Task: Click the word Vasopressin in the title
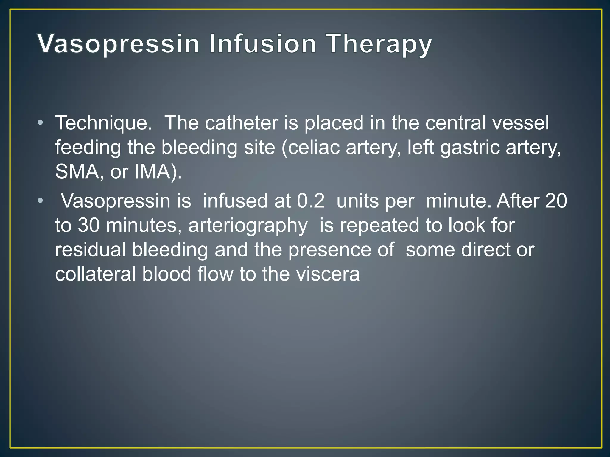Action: pyautogui.click(x=118, y=44)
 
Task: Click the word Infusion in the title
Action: pyautogui.click(x=262, y=44)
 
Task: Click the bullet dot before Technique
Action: pyautogui.click(x=41, y=123)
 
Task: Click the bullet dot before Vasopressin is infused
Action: pyautogui.click(x=41, y=201)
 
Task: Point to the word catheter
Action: pyautogui.click(x=241, y=123)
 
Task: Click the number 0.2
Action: pyautogui.click(x=311, y=201)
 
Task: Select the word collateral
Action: pyautogui.click(x=95, y=274)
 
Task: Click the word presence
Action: pyautogui.click(x=341, y=250)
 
